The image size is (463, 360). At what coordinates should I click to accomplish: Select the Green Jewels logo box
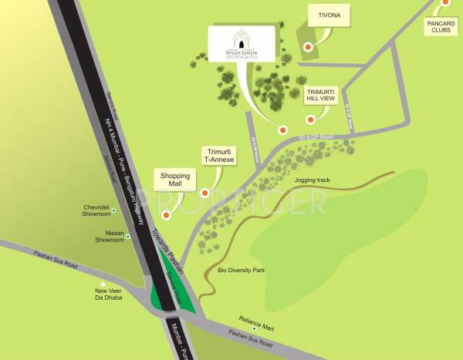pyautogui.click(x=241, y=44)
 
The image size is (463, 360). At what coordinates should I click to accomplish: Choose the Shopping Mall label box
pyautogui.click(x=175, y=180)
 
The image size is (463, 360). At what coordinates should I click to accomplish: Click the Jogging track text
pyautogui.click(x=313, y=180)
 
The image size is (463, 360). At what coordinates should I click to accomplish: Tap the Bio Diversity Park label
pyautogui.click(x=242, y=271)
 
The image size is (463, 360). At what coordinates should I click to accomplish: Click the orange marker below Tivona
pyautogui.click(x=309, y=47)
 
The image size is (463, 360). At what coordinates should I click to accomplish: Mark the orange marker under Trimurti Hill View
pyautogui.click(x=311, y=119)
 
